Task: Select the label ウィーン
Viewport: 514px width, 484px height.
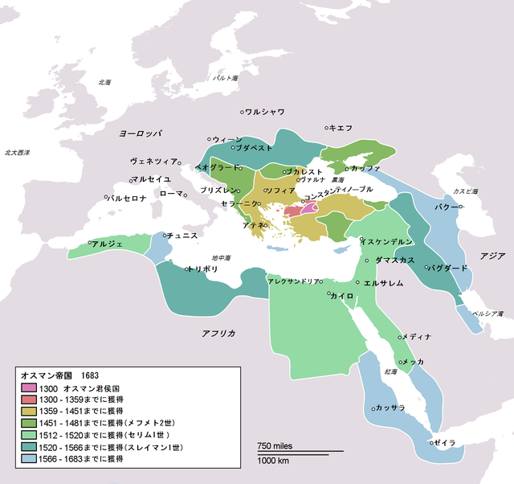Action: point(226,138)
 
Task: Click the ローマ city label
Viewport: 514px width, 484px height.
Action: point(172,194)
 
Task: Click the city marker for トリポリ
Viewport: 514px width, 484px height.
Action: point(187,269)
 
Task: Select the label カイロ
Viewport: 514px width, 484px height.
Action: point(343,296)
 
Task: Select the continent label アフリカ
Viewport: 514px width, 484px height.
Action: point(218,332)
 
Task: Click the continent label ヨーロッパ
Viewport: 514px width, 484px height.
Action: point(136,132)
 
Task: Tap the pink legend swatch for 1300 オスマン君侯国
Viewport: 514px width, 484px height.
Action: point(29,388)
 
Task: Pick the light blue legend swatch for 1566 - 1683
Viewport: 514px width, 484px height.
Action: point(29,458)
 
